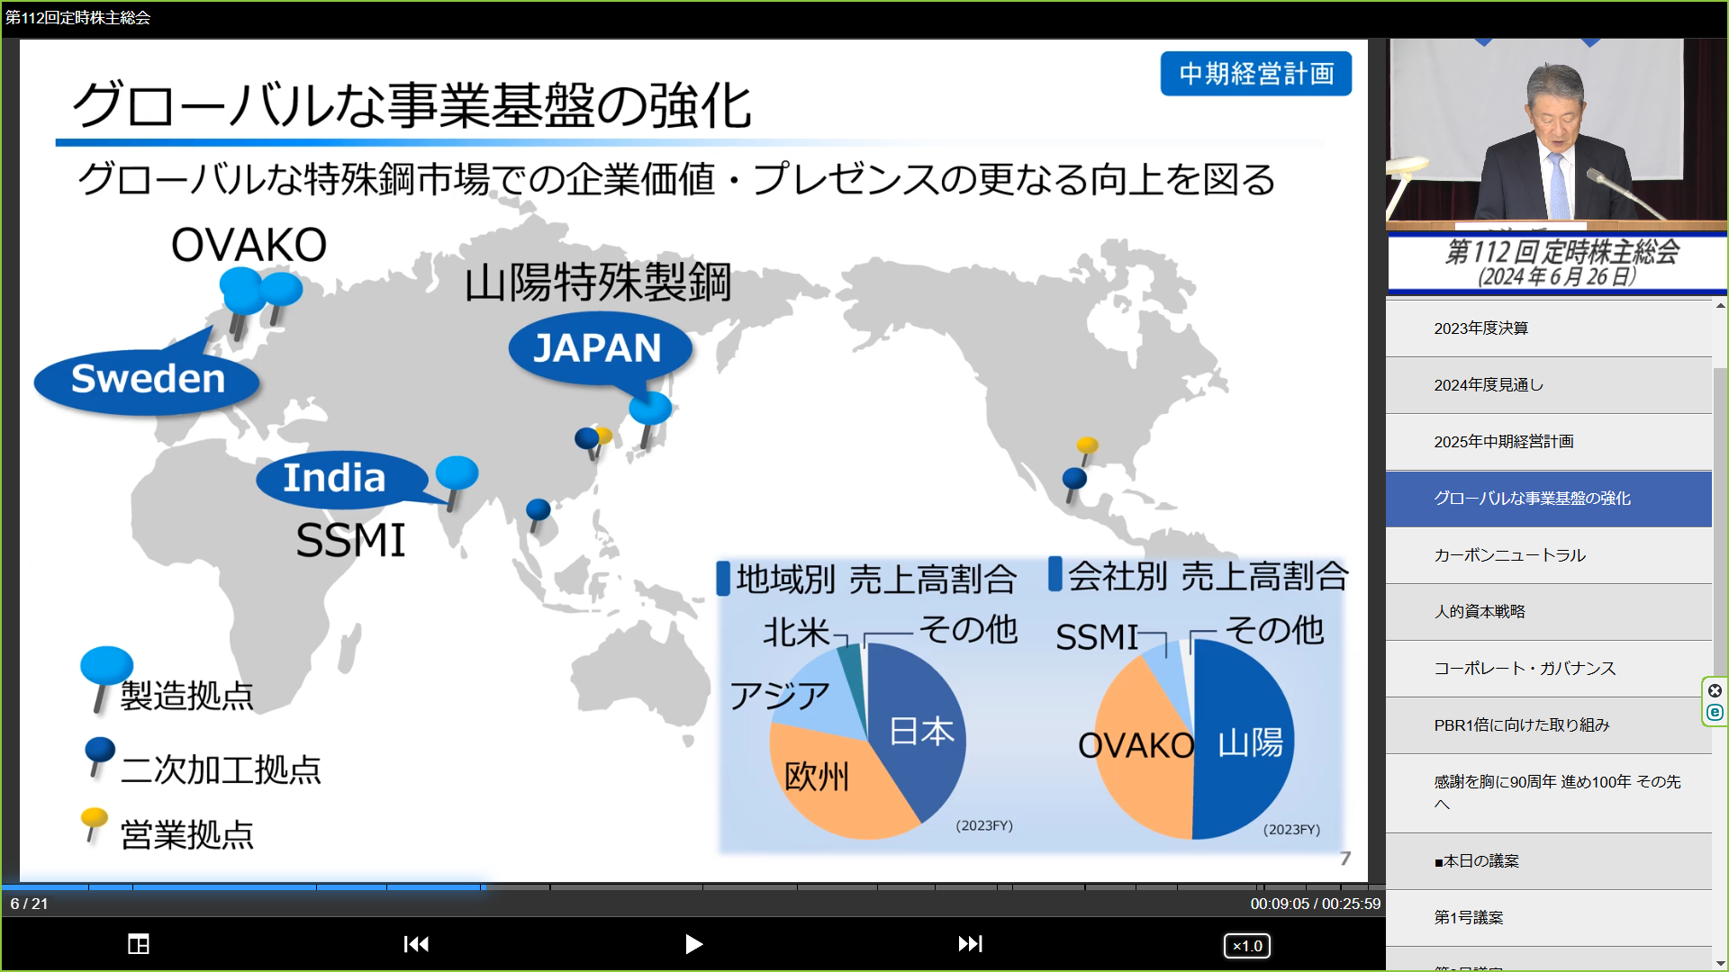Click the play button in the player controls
(x=693, y=944)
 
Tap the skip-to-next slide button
(x=970, y=944)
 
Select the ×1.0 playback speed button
(x=1247, y=946)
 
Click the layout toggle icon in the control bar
(x=139, y=944)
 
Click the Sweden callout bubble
(x=147, y=380)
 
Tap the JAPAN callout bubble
(x=599, y=348)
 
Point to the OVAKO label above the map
(x=249, y=245)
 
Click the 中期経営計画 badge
(x=1256, y=74)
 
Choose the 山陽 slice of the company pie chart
(x=1247, y=742)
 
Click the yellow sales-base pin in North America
(x=1087, y=450)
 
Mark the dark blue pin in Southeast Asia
(x=538, y=514)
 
